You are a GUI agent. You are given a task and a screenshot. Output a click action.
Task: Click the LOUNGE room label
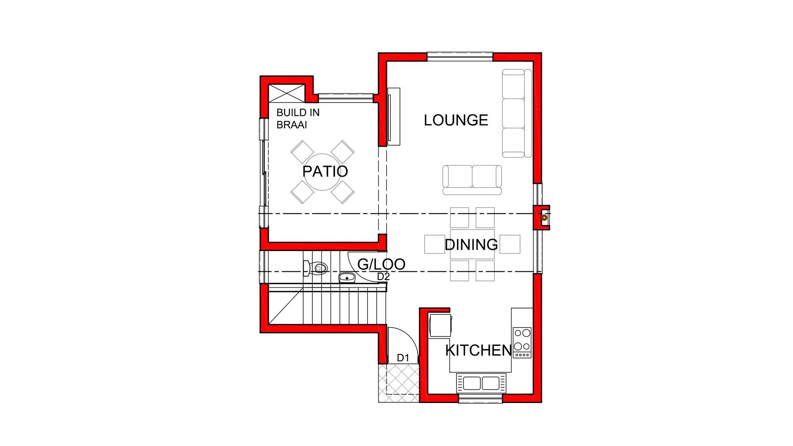click(x=456, y=120)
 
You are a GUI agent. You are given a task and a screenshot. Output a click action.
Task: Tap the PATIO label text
click(x=325, y=171)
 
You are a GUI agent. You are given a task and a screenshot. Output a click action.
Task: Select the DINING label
click(x=471, y=244)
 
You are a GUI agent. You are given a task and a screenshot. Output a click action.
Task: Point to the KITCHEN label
click(x=479, y=350)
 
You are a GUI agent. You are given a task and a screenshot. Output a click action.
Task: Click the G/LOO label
click(x=381, y=264)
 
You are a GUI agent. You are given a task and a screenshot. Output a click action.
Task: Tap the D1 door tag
click(x=403, y=358)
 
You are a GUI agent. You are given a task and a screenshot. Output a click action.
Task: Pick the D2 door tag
click(x=383, y=277)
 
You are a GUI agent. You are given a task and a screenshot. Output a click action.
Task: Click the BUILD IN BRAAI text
click(x=298, y=119)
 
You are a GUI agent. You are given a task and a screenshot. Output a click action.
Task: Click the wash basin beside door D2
click(x=347, y=278)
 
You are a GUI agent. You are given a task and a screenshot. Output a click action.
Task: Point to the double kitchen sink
click(x=481, y=383)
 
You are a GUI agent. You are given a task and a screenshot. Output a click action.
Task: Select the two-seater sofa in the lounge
click(x=472, y=180)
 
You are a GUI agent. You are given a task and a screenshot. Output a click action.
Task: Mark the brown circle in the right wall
click(x=544, y=217)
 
